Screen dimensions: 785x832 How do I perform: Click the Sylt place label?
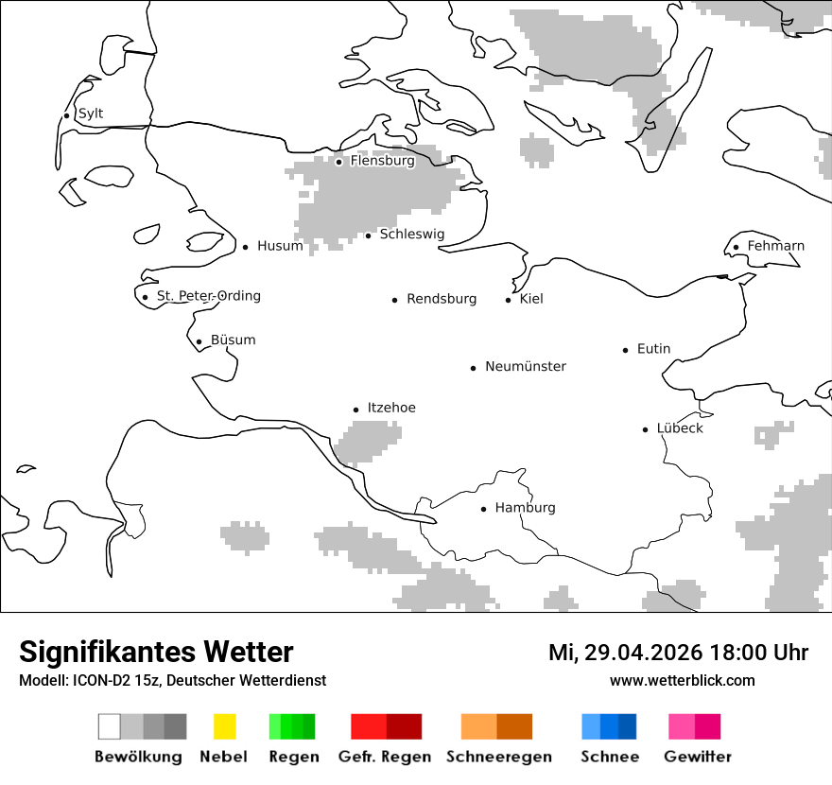91,113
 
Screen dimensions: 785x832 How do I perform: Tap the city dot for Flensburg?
338,162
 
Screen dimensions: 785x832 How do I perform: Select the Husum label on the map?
280,246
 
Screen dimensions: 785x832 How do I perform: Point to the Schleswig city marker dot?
368,235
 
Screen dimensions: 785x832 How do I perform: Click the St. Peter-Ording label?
208,296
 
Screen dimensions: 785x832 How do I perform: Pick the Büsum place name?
233,340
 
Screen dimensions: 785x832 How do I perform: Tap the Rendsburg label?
442,299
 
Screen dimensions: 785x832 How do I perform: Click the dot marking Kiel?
508,300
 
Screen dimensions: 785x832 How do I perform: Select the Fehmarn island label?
775,246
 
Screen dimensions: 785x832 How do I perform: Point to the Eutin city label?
653,349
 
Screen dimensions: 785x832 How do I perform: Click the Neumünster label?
526,366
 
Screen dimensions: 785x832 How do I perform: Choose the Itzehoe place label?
391,408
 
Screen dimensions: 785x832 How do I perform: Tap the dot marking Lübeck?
645,429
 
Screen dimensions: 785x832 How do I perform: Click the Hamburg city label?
525,508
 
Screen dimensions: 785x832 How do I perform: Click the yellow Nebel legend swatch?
224,726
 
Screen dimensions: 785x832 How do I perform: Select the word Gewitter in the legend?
698,757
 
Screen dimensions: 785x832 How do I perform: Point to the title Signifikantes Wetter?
156,652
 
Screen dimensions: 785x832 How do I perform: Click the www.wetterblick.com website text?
682,681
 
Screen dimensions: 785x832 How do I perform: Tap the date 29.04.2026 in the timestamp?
643,653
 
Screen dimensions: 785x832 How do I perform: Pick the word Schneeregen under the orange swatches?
499,757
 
